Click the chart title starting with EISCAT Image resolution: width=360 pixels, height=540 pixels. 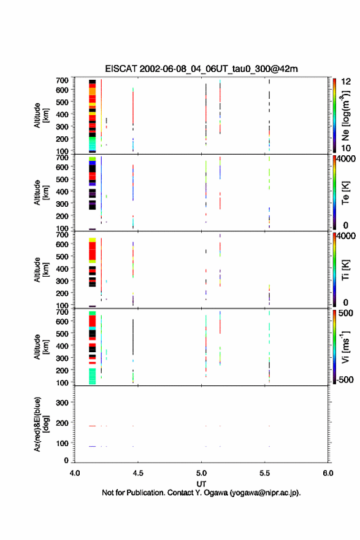pyautogui.click(x=201, y=69)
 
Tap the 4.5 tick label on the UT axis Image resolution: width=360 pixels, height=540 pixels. pyautogui.click(x=138, y=473)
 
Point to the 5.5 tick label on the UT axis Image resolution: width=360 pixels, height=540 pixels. pyautogui.click(x=265, y=473)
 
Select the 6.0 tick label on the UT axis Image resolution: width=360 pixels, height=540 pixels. pyautogui.click(x=328, y=473)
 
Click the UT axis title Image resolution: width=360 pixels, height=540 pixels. pyautogui.click(x=201, y=484)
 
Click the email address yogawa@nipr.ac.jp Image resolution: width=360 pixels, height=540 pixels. pyautogui.click(x=265, y=493)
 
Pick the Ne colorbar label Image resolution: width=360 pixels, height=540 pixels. pyautogui.click(x=345, y=116)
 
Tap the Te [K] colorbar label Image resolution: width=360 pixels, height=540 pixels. pyautogui.click(x=345, y=193)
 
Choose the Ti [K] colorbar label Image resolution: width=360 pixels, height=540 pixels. pyautogui.click(x=345, y=269)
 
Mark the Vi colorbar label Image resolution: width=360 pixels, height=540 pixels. pyautogui.click(x=345, y=347)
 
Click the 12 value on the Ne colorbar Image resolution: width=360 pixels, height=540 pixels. pyautogui.click(x=346, y=82)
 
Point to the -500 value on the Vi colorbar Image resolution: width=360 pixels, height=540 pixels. pyautogui.click(x=345, y=379)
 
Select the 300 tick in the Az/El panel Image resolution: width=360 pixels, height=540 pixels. pyautogui.click(x=63, y=403)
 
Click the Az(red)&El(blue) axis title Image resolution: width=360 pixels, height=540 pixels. pyautogui.click(x=41, y=424)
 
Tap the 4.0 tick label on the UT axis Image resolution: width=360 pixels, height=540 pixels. pyautogui.click(x=75, y=473)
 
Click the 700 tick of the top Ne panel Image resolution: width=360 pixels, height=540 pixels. pyautogui.click(x=63, y=80)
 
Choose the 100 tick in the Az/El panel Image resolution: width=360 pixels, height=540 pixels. pyautogui.click(x=63, y=443)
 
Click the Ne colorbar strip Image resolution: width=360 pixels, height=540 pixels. pyautogui.click(x=334, y=115)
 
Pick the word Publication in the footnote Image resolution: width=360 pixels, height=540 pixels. pyautogui.click(x=145, y=493)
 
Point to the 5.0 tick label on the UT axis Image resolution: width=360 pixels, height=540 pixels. pyautogui.click(x=201, y=473)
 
